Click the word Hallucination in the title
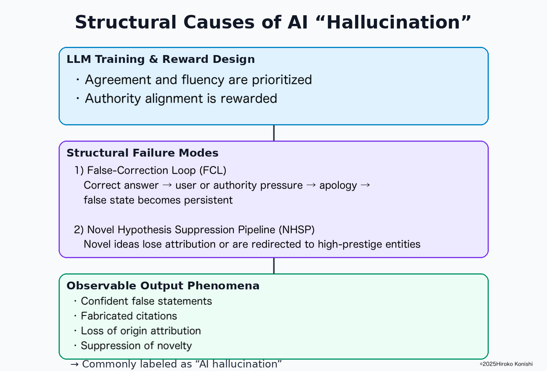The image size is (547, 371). point(393,22)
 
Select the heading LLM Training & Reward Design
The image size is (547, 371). point(161,59)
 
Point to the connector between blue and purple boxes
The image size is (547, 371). point(274,133)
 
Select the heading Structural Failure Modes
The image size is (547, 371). point(142,153)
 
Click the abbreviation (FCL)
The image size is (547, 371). point(213,170)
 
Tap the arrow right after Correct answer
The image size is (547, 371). point(167,185)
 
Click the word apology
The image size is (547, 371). point(338,186)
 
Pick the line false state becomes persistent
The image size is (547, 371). point(158,200)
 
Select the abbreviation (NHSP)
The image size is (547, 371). point(297,230)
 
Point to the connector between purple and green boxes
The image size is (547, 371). point(274,266)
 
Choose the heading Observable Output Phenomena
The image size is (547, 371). point(163,285)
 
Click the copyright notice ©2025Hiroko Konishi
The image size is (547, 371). point(506,364)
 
